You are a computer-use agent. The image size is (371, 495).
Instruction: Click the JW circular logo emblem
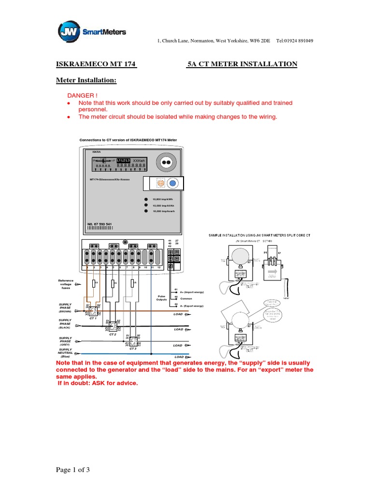click(x=68, y=32)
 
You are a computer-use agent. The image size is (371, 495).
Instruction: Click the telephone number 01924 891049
click(x=295, y=41)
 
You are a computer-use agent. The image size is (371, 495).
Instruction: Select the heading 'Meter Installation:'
click(x=86, y=80)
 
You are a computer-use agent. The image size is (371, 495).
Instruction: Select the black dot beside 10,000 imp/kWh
click(x=145, y=199)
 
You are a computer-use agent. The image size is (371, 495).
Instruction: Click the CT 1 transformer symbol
click(x=92, y=312)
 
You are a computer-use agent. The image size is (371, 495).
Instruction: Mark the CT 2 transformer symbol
click(x=113, y=326)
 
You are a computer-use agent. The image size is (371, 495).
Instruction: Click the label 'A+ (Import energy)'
click(x=192, y=292)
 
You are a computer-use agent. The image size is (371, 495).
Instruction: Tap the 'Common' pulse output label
click(x=186, y=299)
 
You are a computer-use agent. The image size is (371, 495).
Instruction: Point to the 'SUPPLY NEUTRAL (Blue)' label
click(x=65, y=353)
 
